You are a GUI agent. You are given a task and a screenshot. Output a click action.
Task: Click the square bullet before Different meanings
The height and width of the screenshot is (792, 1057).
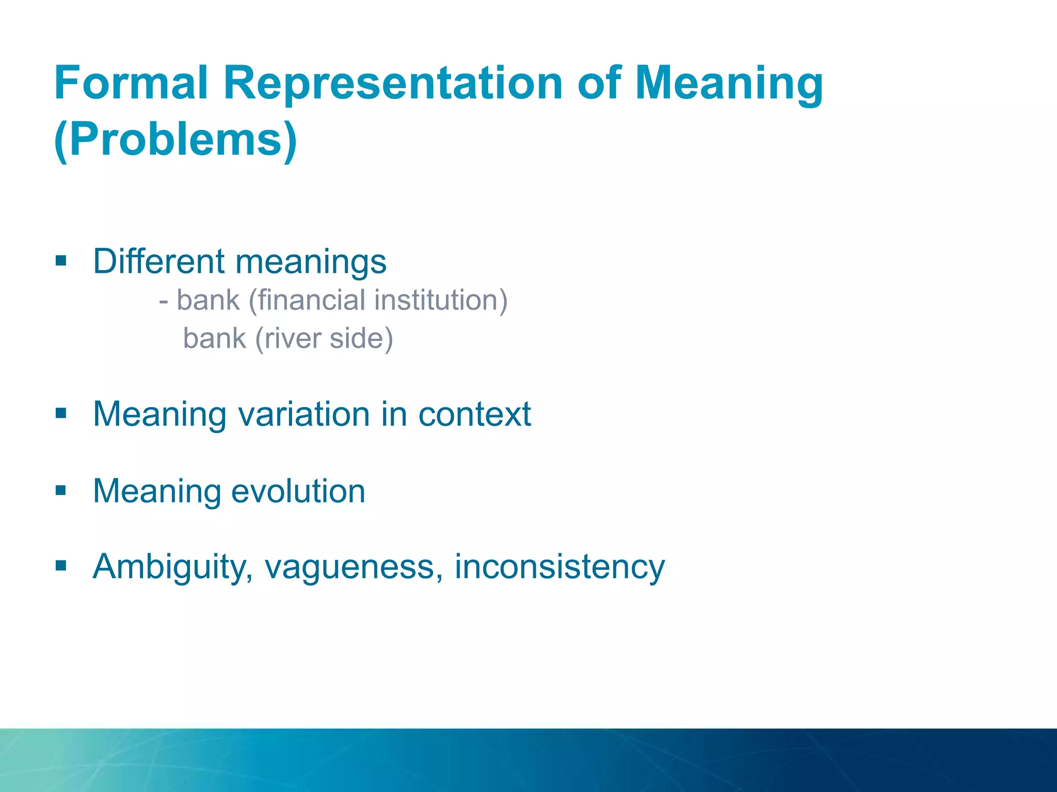coord(61,260)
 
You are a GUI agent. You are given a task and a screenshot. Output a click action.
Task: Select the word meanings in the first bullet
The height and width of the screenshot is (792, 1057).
coord(311,262)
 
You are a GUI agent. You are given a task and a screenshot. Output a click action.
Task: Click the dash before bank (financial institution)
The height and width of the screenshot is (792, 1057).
coord(164,301)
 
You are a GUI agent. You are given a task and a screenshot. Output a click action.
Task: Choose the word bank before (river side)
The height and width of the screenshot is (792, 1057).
coord(214,339)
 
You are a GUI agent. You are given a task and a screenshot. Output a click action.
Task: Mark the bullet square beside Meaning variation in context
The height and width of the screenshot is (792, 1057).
coord(61,413)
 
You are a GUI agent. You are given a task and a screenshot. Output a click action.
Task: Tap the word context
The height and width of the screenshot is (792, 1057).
coord(474,414)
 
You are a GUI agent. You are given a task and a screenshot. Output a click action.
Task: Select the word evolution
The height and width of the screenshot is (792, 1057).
coord(298,491)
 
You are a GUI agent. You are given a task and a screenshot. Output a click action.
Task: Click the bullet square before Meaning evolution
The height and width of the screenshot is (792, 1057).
coord(61,490)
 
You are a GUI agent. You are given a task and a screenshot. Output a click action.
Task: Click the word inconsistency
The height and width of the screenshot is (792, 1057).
coord(559,567)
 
